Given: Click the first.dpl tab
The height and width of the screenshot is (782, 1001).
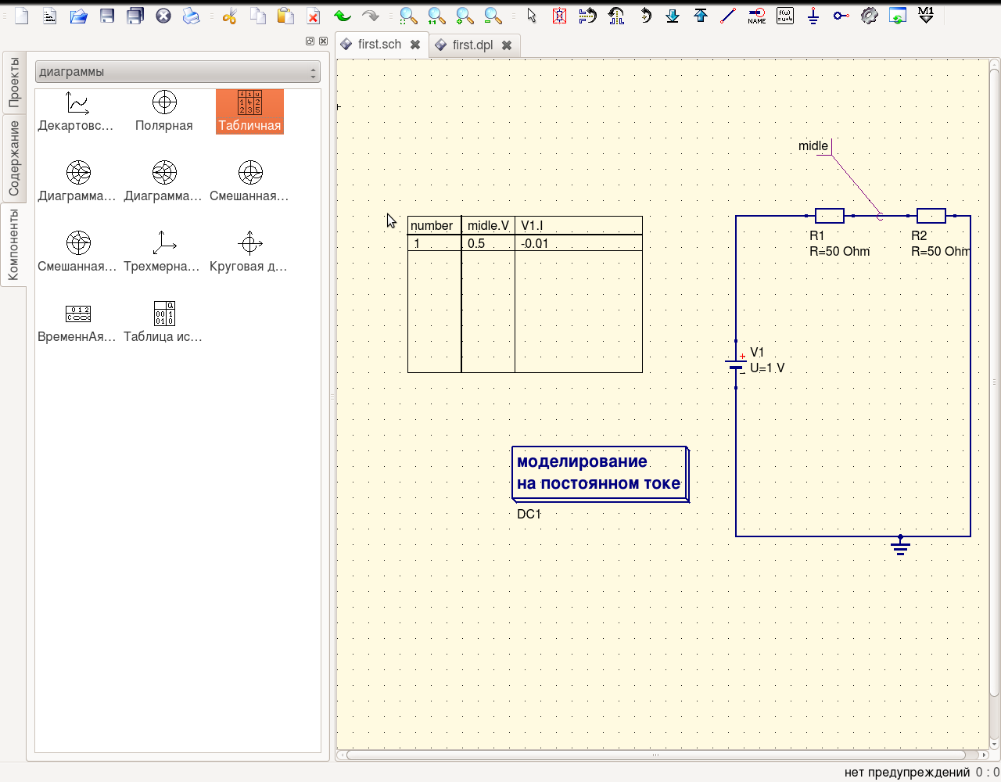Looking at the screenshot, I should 472,45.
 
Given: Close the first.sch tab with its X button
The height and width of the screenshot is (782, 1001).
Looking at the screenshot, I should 415,45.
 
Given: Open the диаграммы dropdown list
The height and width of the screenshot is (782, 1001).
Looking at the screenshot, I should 178,72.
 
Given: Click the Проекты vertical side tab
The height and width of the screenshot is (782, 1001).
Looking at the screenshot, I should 13,82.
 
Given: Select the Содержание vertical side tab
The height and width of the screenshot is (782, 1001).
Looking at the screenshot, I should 13,159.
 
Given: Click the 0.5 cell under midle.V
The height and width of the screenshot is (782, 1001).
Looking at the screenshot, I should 476,244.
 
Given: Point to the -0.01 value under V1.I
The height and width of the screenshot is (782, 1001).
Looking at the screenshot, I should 535,244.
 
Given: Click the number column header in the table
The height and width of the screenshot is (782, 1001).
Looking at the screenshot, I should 432,226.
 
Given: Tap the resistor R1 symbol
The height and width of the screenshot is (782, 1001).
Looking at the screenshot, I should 829,216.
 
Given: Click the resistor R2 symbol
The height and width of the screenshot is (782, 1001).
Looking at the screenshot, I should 931,216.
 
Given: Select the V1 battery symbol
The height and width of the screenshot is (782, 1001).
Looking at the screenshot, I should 736,364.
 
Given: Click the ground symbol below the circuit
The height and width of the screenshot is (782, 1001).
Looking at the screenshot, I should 900,547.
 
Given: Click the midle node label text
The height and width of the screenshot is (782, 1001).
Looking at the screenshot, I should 813,146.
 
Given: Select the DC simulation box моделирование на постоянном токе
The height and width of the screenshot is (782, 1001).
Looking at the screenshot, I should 599,473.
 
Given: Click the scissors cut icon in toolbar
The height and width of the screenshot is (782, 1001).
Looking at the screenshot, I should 229,16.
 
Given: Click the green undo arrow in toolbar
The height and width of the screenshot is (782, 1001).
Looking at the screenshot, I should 342,16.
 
